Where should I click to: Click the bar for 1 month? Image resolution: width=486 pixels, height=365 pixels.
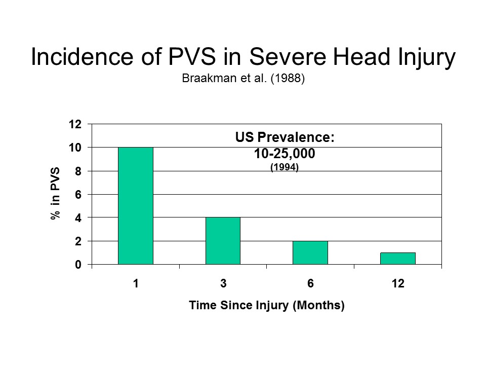pyautogui.click(x=136, y=206)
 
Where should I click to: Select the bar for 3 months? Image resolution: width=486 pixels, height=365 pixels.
pyautogui.click(x=223, y=241)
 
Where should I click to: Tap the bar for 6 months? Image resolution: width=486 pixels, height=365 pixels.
pyautogui.click(x=310, y=252)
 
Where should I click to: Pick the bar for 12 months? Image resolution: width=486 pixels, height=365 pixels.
pyautogui.click(x=398, y=259)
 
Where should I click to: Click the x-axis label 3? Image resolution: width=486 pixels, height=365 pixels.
pyautogui.click(x=223, y=284)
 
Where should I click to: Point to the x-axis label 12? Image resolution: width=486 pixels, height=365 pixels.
pyautogui.click(x=398, y=284)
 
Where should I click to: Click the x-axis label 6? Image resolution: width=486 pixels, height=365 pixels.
pyautogui.click(x=310, y=284)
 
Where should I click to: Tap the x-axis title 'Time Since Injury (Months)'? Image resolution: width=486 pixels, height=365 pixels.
pyautogui.click(x=267, y=306)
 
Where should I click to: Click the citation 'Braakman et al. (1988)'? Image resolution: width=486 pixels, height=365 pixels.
pyautogui.click(x=243, y=80)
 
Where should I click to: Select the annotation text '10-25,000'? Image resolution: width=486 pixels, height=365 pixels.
pyautogui.click(x=285, y=153)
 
